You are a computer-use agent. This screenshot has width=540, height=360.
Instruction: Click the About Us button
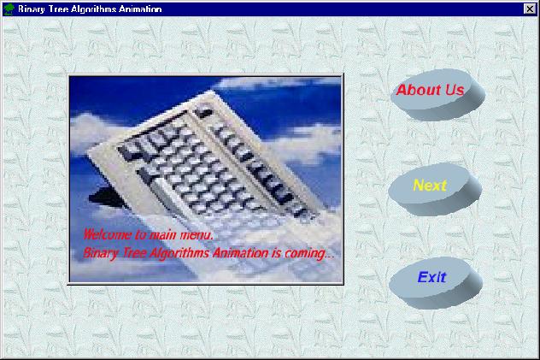click(x=437, y=95)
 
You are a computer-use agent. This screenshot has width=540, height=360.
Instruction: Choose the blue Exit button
click(x=436, y=282)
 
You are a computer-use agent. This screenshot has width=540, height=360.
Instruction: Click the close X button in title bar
click(x=530, y=9)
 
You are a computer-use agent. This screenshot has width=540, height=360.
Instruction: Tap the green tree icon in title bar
click(x=9, y=9)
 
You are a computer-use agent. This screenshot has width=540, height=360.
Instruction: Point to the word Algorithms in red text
click(x=179, y=254)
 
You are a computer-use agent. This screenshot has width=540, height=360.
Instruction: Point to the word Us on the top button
click(x=455, y=90)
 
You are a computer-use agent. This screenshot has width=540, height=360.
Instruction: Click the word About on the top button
click(x=419, y=90)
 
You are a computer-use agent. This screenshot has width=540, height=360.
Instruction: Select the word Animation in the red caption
click(x=240, y=253)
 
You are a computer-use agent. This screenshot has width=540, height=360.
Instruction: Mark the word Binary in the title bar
click(x=32, y=9)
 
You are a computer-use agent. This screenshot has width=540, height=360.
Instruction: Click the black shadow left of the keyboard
click(x=105, y=197)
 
